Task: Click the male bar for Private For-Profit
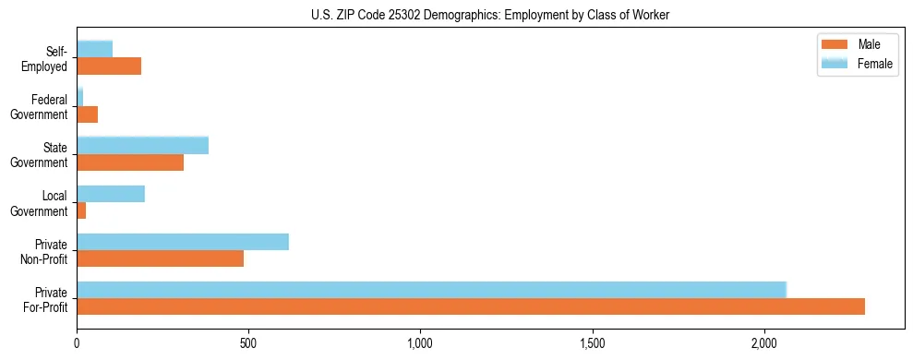coord(471,306)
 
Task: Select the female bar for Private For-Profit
coord(431,290)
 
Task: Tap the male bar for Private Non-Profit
coord(161,258)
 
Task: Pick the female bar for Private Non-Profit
coord(183,242)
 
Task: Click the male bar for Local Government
coord(81,210)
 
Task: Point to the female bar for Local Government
coord(111,194)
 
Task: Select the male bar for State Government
coord(130,162)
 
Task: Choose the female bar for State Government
coord(142,146)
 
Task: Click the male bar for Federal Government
coord(88,114)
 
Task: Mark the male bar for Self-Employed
coord(109,66)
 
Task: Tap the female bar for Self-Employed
coord(95,49)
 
